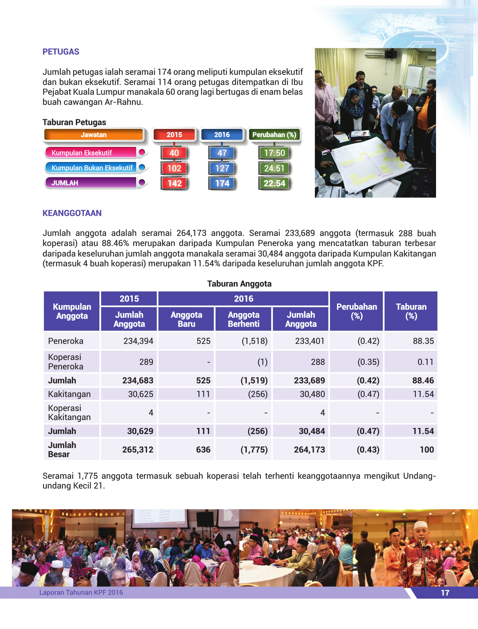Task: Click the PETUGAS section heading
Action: [x=61, y=52]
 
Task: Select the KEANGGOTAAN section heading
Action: [x=72, y=213]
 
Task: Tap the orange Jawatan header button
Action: [x=93, y=135]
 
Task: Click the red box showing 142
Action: [x=174, y=183]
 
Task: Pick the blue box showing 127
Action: [x=222, y=168]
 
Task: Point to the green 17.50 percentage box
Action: [x=274, y=153]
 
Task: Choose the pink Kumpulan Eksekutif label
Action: [x=90, y=153]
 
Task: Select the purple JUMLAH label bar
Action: [x=90, y=183]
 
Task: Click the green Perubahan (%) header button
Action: [x=274, y=135]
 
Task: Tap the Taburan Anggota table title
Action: [x=239, y=284]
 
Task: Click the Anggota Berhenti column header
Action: [x=244, y=319]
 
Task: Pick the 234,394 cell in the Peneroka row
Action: [x=138, y=341]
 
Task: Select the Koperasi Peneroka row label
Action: [x=66, y=362]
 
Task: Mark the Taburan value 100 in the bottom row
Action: [x=427, y=450]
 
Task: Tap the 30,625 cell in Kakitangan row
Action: [x=140, y=394]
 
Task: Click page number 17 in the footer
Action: [x=445, y=593]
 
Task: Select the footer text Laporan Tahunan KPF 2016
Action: [x=81, y=592]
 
